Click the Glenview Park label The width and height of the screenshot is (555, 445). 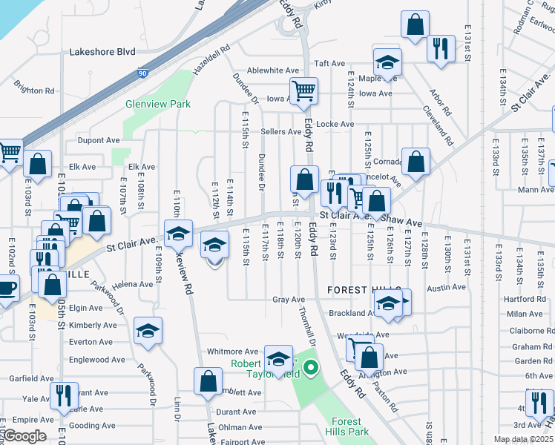pos(158,105)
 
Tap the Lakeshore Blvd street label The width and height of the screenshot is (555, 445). pos(102,53)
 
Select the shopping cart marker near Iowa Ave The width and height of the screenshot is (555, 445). pos(303,91)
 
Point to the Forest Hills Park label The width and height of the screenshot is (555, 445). pos(346,426)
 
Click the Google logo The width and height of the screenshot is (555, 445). pos(24,436)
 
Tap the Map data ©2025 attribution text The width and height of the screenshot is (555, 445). pos(523,439)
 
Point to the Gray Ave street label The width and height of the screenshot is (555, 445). pos(289,300)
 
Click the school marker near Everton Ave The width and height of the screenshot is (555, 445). pos(148,332)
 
